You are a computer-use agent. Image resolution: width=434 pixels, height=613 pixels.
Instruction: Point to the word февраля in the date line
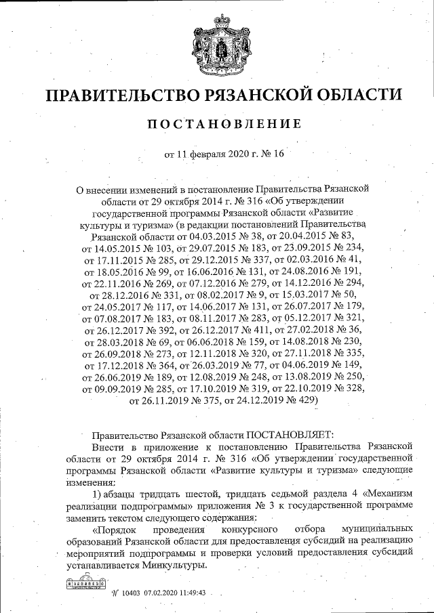[x=209, y=154]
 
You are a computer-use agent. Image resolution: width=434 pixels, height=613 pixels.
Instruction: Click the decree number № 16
[x=269, y=154]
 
